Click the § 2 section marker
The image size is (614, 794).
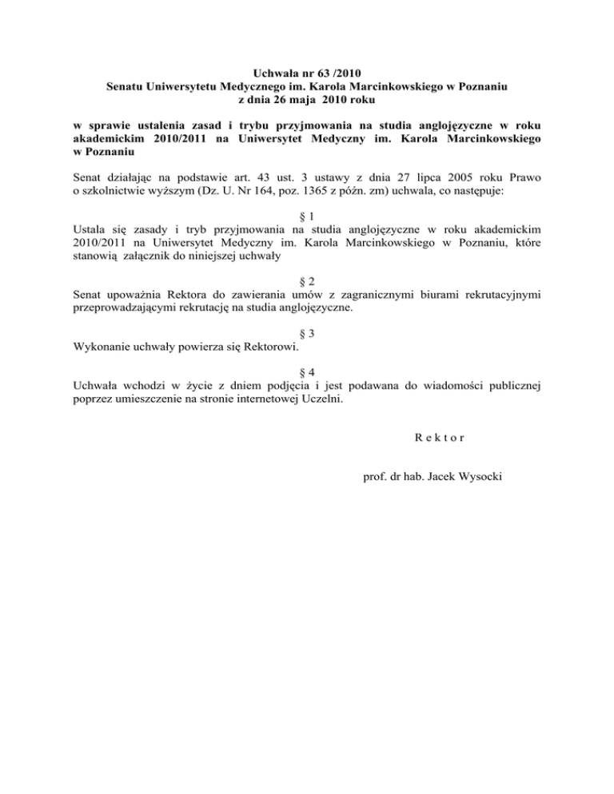tap(305, 280)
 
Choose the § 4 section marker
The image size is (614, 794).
tap(305, 372)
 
